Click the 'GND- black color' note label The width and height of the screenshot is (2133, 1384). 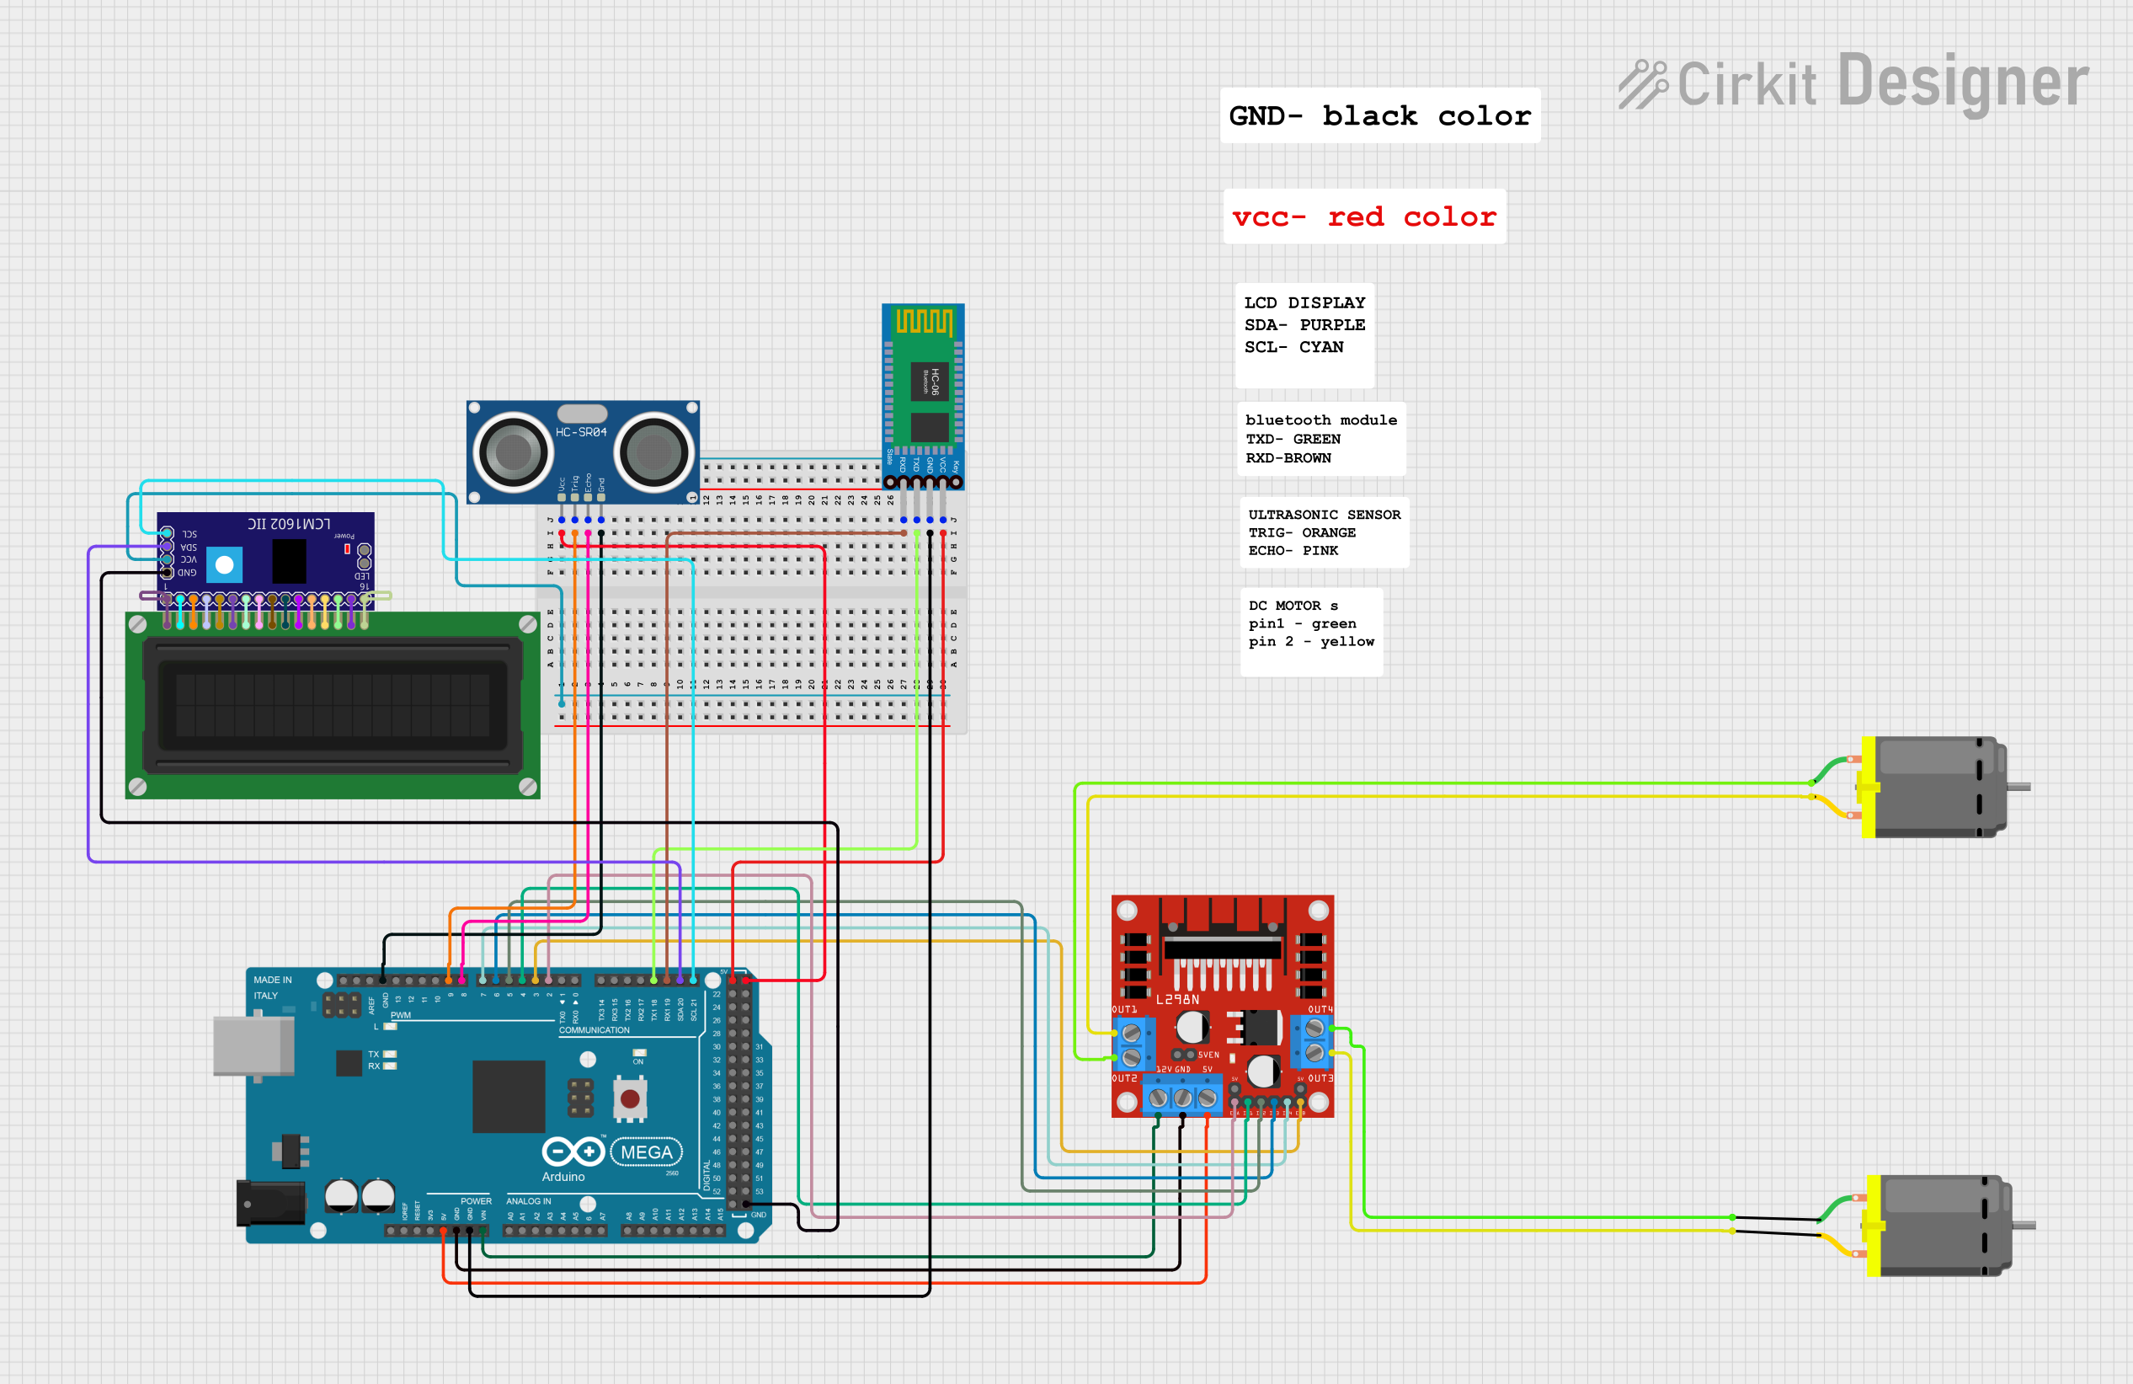(x=1379, y=115)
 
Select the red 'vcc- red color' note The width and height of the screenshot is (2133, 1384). (x=1363, y=217)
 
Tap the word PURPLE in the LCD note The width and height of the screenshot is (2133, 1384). (x=1332, y=324)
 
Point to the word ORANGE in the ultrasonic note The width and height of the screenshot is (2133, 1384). (x=1328, y=532)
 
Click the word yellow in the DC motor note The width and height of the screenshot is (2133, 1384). (x=1346, y=642)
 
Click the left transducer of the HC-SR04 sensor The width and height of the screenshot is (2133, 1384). (x=514, y=452)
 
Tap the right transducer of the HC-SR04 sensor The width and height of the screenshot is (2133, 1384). (x=653, y=452)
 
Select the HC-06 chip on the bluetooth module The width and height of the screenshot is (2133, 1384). (x=930, y=381)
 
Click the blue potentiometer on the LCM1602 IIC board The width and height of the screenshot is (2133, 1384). (x=224, y=564)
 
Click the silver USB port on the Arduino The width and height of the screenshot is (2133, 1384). (x=253, y=1046)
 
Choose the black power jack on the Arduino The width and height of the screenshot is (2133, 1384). (x=269, y=1203)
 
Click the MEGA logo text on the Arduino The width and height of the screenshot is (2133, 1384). (x=646, y=1152)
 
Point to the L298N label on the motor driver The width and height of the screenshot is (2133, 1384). (x=1176, y=999)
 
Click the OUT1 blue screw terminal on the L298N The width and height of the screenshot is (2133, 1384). (x=1131, y=1045)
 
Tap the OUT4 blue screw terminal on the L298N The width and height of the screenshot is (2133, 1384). (x=1314, y=1039)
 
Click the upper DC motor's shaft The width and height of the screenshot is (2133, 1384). (x=2018, y=787)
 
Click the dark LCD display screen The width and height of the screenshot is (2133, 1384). (x=333, y=704)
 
